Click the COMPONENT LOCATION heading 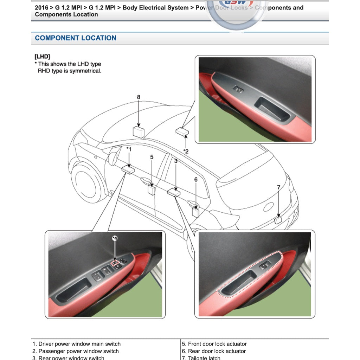pyautogui.click(x=76, y=38)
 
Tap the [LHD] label pyautogui.click(x=42, y=56)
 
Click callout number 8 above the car pyautogui.click(x=139, y=97)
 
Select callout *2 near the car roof pyautogui.click(x=186, y=151)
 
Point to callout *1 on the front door pyautogui.click(x=129, y=149)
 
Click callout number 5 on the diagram pyautogui.click(x=152, y=157)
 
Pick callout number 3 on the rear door pyautogui.click(x=175, y=161)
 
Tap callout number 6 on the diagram pyautogui.click(x=196, y=180)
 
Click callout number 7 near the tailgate pyautogui.click(x=278, y=187)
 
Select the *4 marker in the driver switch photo pyautogui.click(x=115, y=238)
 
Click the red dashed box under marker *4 pyautogui.click(x=115, y=262)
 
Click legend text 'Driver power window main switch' pyautogui.click(x=79, y=344)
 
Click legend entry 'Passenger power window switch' pyautogui.click(x=78, y=351)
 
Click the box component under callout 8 pyautogui.click(x=139, y=132)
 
